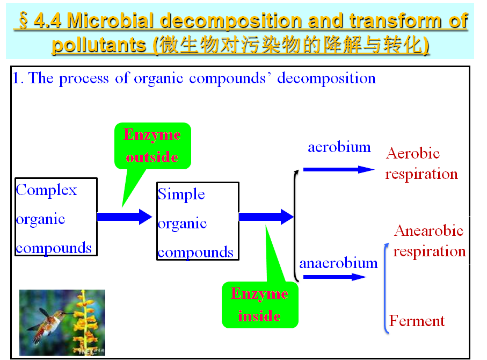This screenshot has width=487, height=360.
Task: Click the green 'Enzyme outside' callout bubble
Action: (x=152, y=146)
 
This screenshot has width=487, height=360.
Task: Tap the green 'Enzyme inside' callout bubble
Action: (x=260, y=305)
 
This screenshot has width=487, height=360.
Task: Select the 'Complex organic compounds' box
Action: (x=56, y=217)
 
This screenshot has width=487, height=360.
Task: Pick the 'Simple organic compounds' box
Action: (x=198, y=221)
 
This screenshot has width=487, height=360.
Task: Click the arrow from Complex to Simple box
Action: (x=125, y=217)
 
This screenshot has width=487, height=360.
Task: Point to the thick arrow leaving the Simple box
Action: (x=266, y=217)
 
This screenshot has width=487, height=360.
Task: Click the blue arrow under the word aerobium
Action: (x=339, y=169)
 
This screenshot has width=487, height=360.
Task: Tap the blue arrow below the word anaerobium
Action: (x=335, y=277)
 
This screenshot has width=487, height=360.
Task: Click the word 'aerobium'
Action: (x=339, y=147)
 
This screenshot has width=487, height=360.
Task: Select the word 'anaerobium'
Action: (x=339, y=263)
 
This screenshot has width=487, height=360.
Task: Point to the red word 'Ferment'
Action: (x=417, y=321)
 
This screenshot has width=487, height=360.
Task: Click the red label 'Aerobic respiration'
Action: (x=421, y=163)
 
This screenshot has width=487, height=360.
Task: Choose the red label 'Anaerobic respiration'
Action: (x=430, y=241)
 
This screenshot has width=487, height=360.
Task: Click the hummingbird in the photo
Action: (x=50, y=323)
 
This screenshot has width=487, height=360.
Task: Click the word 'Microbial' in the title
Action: (x=110, y=20)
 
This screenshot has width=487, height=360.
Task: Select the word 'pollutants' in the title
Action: (x=99, y=45)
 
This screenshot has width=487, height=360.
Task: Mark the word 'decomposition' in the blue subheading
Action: (x=326, y=78)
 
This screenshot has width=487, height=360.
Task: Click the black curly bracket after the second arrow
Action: (x=296, y=226)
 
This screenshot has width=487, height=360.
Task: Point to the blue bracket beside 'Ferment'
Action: (x=385, y=288)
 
